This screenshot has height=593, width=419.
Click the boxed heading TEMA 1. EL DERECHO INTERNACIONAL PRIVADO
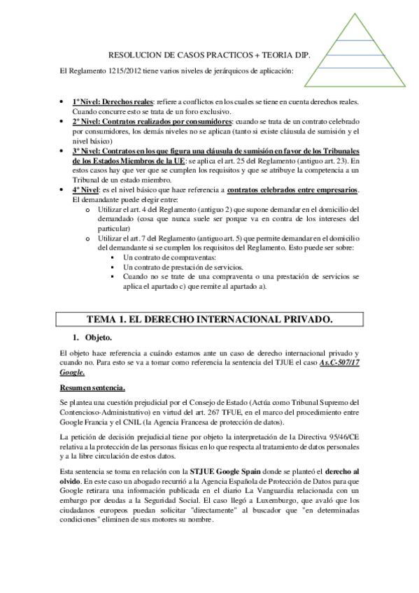click(209, 319)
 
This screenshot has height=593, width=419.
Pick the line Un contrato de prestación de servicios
click(183, 267)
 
